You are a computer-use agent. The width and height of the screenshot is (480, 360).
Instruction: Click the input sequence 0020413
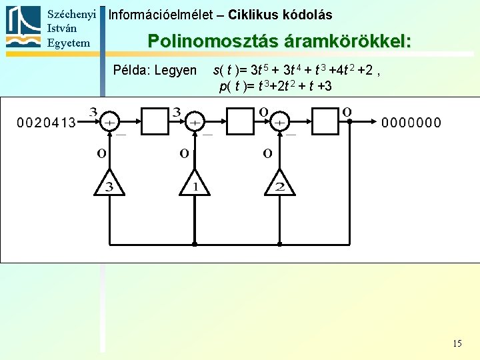point(46,122)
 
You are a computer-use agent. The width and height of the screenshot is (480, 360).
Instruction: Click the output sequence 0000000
point(411,122)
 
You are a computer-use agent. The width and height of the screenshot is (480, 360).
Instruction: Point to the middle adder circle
point(194,122)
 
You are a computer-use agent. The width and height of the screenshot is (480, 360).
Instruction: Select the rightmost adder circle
point(279,122)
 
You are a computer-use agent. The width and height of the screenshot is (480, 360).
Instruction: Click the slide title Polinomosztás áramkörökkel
point(279,41)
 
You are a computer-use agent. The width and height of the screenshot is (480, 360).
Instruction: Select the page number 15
point(457,343)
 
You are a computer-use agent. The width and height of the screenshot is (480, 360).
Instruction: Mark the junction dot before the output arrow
point(349,122)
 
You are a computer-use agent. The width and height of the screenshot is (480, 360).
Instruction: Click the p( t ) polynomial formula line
point(275,86)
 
